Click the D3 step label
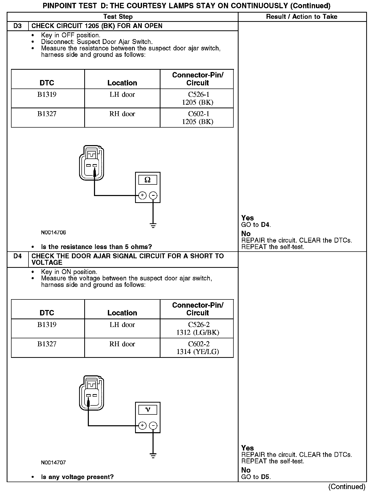click(17, 26)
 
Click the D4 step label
click(17, 256)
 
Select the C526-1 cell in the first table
click(199, 94)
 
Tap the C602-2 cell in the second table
click(199, 344)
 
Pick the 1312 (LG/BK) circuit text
click(197, 332)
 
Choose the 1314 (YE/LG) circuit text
click(197, 352)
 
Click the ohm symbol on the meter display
click(148, 180)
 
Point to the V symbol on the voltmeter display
click(148, 410)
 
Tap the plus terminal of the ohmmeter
click(142, 196)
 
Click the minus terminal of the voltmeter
click(153, 426)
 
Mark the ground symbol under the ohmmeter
click(153, 226)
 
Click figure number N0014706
click(53, 233)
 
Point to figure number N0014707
click(53, 463)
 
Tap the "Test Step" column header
click(118, 17)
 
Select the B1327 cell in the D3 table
click(47, 114)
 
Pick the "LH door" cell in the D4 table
click(122, 325)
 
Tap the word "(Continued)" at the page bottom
click(347, 487)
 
